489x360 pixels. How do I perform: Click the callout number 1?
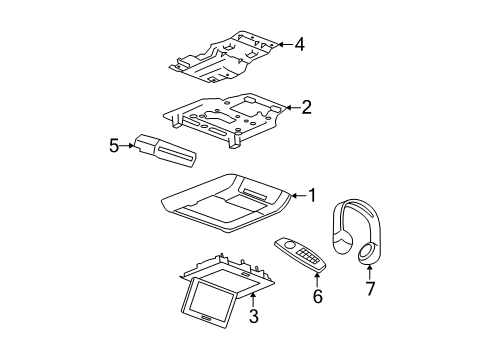tap(313, 196)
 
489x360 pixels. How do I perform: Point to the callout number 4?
tap(300, 43)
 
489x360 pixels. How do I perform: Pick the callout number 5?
tap(113, 146)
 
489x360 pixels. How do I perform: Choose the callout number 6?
tap(317, 296)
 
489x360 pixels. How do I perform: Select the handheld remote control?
tap(300, 255)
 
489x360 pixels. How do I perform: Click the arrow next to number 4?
tap(285, 43)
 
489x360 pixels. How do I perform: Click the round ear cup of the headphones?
tap(368, 256)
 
